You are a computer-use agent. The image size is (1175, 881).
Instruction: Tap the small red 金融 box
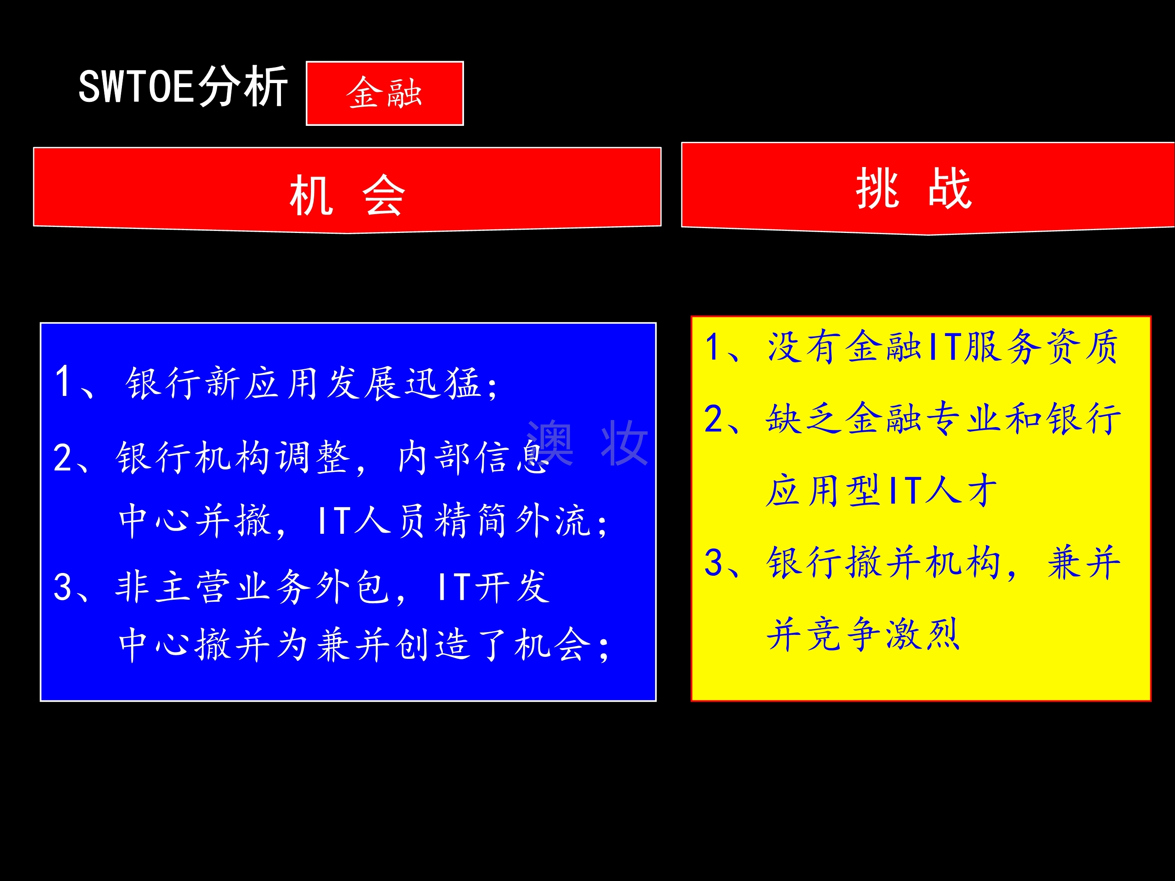point(384,93)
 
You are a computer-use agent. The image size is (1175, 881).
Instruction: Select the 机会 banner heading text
point(347,195)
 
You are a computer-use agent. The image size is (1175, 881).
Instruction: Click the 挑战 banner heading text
point(914,188)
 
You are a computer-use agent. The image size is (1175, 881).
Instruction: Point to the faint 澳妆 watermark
point(587,442)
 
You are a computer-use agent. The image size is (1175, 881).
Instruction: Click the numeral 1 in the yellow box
point(713,346)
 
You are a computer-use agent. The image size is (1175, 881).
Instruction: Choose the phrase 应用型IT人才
point(881,490)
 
